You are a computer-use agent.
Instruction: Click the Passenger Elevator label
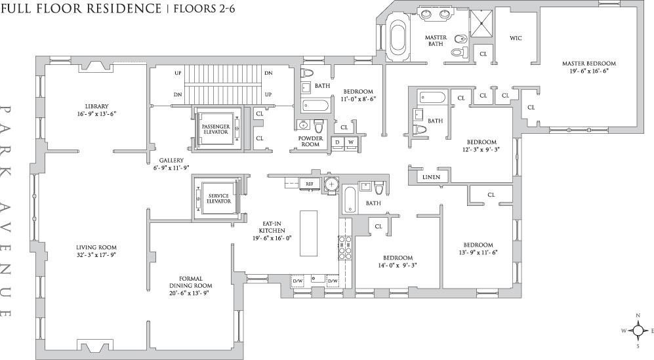coord(215,129)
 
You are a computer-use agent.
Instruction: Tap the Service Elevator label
coord(218,198)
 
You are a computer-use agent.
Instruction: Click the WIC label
coord(516,38)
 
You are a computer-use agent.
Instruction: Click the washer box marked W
coord(350,142)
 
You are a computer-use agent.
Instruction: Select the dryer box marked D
coord(338,142)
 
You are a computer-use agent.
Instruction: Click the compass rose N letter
coord(638,316)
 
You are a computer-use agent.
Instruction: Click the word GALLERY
coord(171,160)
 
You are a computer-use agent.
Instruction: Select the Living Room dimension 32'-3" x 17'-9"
coord(95,254)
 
